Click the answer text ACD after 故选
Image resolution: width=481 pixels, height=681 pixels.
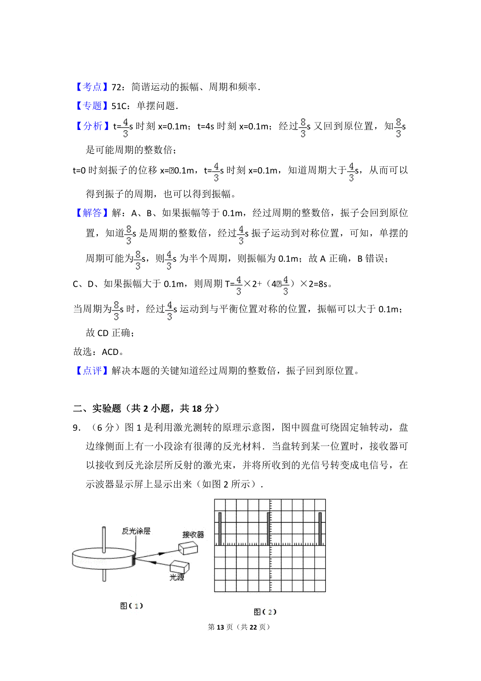coord(110,352)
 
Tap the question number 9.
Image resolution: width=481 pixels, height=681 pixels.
coord(77,428)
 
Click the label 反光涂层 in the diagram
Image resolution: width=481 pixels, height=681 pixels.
coord(136,531)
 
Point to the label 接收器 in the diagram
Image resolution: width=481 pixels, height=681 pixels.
coord(193,535)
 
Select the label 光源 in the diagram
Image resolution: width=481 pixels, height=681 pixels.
coord(177,577)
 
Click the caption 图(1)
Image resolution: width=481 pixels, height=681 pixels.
coord(131,606)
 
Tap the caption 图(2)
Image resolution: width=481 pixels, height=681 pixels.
coord(265,612)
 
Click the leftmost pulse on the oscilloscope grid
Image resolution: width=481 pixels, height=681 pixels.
coord(220,529)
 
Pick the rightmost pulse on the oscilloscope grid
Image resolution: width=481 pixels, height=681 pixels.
coord(320,529)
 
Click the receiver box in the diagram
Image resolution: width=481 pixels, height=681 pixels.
coord(188,548)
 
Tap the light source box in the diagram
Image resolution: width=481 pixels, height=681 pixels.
coord(179,566)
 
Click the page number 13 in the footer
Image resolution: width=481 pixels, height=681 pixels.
coord(220,627)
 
